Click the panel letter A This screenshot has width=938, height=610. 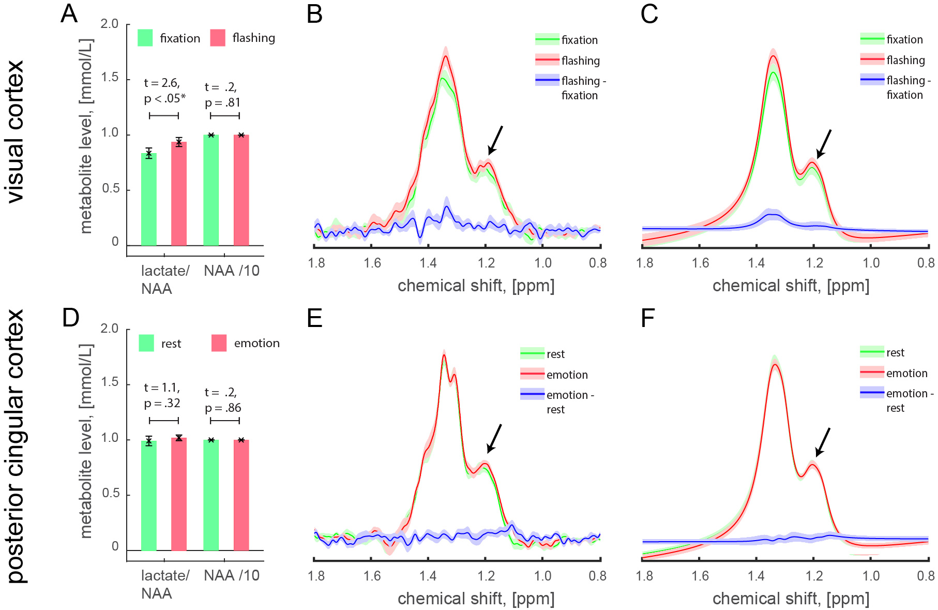[69, 13]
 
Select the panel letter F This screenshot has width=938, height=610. [647, 318]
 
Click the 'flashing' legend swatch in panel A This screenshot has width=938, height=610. [218, 38]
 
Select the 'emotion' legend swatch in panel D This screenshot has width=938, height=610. [219, 343]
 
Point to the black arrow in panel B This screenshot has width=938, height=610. [495, 140]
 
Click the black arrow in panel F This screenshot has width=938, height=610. [822, 442]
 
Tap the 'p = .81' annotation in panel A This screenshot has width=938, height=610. [223, 102]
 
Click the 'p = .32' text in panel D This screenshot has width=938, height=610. [162, 404]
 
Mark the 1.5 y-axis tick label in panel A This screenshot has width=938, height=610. [109, 78]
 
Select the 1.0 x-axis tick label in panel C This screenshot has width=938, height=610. [871, 263]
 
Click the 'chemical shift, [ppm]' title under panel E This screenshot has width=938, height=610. [476, 599]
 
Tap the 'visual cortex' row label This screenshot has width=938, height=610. [16, 131]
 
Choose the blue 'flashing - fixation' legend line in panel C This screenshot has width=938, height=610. [872, 80]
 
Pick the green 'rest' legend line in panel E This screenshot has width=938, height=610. [532, 354]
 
